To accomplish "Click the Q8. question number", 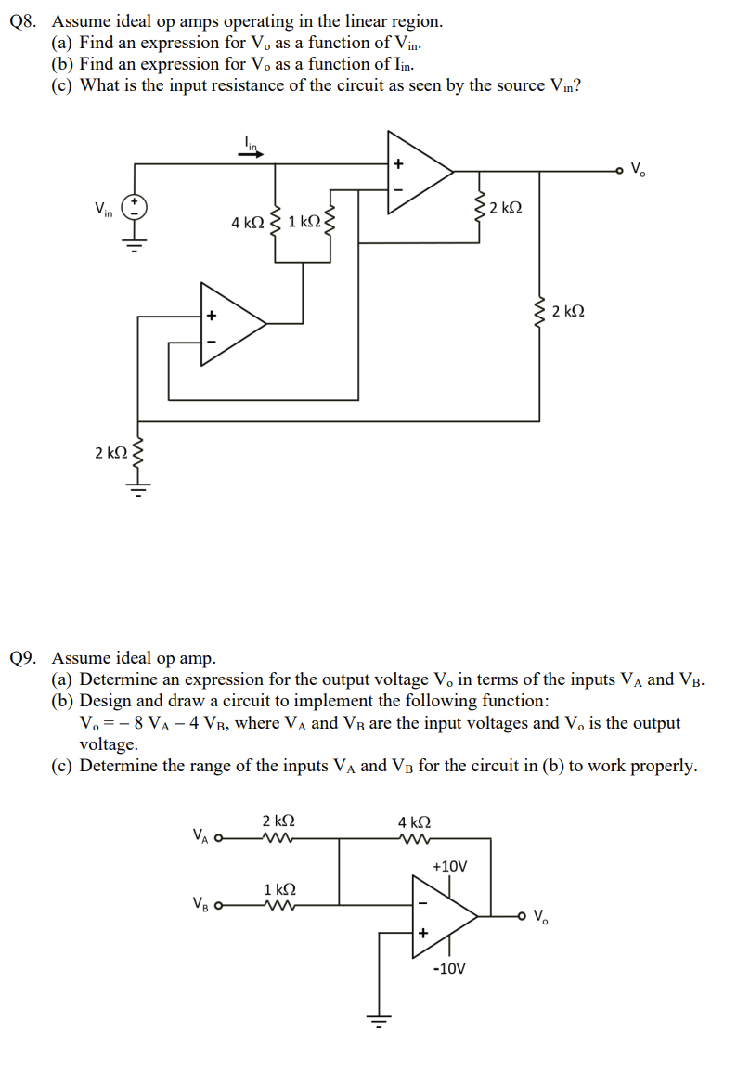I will point(26,20).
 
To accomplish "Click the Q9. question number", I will point(26,658).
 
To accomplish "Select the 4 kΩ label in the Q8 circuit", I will point(248,223).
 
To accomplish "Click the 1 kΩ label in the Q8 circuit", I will point(304,223).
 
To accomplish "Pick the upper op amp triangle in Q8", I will point(417,173).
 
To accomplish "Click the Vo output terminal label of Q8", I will point(640,170).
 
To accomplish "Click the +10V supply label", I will point(450,866).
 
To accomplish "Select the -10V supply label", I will point(449,968).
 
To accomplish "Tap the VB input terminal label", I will point(200,903).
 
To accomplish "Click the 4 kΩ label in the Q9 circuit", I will point(414,821).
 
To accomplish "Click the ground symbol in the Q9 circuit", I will point(379,1019).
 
